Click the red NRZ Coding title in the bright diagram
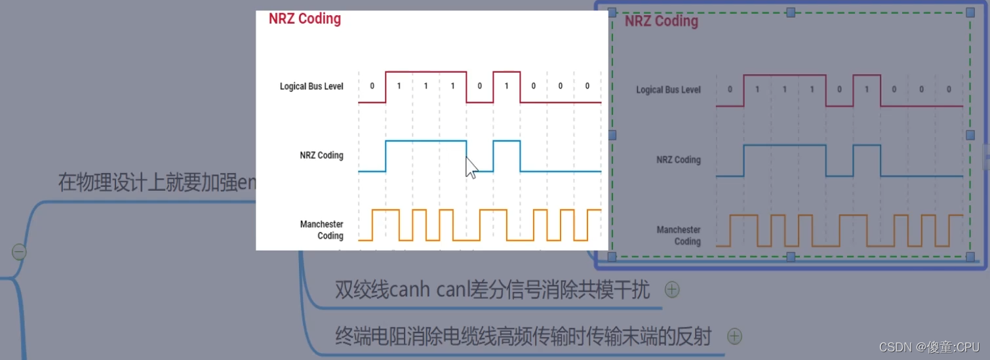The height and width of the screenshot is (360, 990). point(305,18)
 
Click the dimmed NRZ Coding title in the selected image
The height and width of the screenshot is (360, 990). point(661,21)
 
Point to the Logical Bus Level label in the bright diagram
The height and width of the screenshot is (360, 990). point(311,87)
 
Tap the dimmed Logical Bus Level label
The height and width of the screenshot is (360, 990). point(668,90)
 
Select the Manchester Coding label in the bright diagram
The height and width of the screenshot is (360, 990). point(322,230)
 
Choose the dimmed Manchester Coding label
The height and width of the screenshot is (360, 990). point(679,235)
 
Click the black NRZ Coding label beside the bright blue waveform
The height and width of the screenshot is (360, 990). point(321,155)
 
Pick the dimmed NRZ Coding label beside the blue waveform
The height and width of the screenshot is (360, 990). point(679,160)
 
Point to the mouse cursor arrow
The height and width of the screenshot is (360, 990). point(471,167)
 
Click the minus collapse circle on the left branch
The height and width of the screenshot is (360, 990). point(19,252)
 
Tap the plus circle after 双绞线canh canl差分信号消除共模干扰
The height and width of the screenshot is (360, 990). point(672,289)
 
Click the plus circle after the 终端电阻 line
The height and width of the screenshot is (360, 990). point(734,336)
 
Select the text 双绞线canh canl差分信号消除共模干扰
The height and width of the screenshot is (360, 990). point(492,289)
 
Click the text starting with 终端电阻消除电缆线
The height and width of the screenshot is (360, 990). point(523,336)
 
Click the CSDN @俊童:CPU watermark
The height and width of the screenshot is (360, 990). point(929,347)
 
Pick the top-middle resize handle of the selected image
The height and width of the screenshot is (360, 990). point(791,12)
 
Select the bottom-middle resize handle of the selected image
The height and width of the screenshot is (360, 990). point(791,256)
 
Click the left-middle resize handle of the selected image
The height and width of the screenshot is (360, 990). point(612,134)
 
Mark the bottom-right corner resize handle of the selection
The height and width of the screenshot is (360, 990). point(970,256)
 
